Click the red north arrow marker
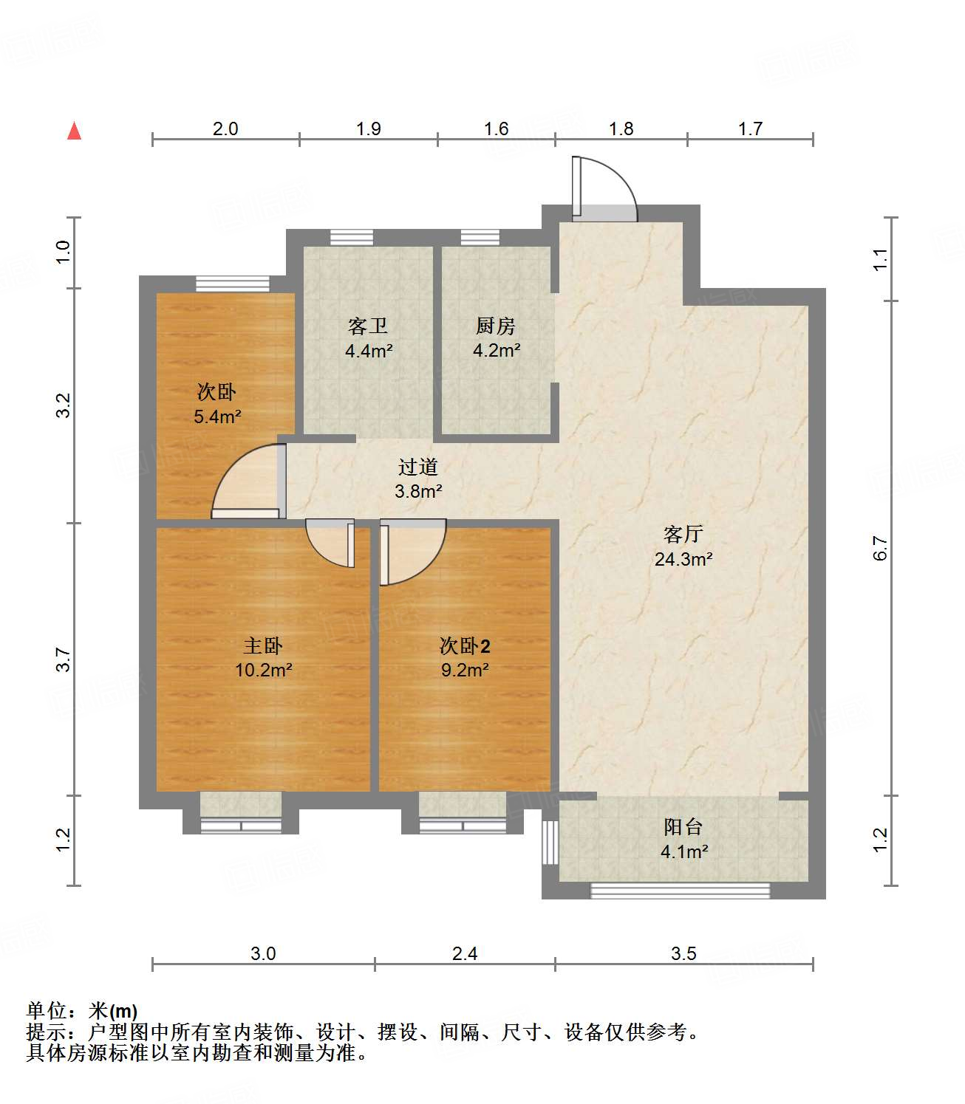74,131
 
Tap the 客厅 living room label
683,534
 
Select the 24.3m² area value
683,559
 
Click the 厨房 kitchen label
495,326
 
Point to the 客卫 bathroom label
368,326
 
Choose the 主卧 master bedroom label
263,646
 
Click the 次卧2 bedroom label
465,646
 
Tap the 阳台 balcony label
683,827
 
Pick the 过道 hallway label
418,467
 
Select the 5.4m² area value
217,416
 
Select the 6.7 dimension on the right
879,547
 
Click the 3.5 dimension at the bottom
683,953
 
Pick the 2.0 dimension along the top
225,128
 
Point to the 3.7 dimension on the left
64,659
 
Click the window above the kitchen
480,237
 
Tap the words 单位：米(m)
81,1010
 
